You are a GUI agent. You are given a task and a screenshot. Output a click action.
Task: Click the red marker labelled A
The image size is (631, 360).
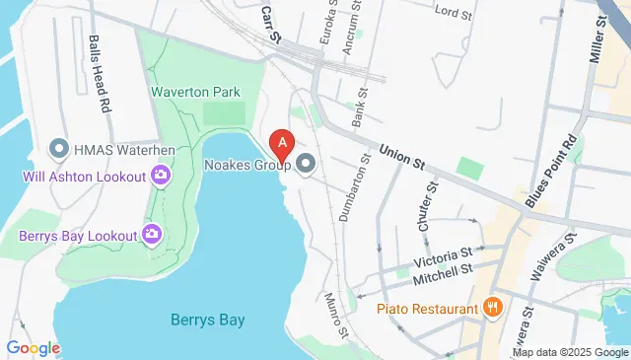283,143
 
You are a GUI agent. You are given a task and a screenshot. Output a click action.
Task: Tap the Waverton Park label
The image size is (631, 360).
195,92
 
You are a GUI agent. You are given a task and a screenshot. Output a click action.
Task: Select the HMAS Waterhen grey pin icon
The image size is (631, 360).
57,149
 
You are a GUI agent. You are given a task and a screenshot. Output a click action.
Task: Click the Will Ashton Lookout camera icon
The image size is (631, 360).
161,177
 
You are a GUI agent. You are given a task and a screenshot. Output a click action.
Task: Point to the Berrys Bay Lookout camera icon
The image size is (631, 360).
152,234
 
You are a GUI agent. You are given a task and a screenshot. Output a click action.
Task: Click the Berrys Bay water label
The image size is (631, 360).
207,320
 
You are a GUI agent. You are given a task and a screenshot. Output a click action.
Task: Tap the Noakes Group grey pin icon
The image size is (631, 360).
305,164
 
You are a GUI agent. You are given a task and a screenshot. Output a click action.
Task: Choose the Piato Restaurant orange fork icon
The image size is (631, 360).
493,308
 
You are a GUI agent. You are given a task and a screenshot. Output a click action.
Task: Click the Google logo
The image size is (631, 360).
33,348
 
